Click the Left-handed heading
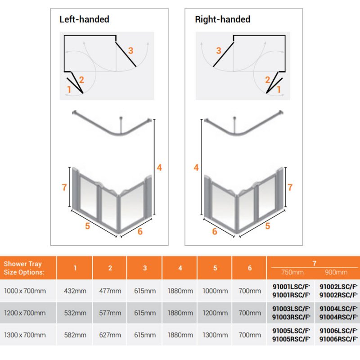pos(84,19)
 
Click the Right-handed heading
pos(222,19)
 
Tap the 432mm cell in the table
pos(75,291)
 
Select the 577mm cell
pos(110,313)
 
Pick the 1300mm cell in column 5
pos(215,334)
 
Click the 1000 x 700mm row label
pos(25,291)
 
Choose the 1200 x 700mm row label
pos(25,313)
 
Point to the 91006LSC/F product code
pos(338,330)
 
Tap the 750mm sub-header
pos(292,272)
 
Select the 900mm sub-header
pos(336,272)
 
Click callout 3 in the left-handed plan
pos(130,50)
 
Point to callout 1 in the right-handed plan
pos(279,90)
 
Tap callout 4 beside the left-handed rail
pos(159,168)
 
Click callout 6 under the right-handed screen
pos(214,231)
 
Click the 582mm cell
pos(75,334)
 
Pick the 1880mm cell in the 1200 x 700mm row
pos(180,313)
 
